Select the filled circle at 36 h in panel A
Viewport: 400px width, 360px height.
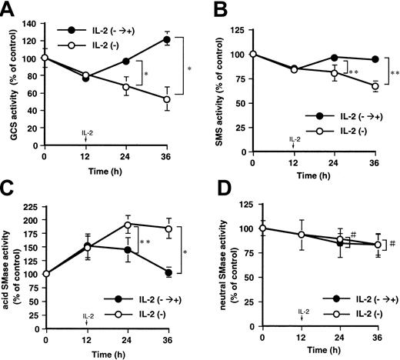point(166,38)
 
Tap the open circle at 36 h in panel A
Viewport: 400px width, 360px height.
point(166,99)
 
